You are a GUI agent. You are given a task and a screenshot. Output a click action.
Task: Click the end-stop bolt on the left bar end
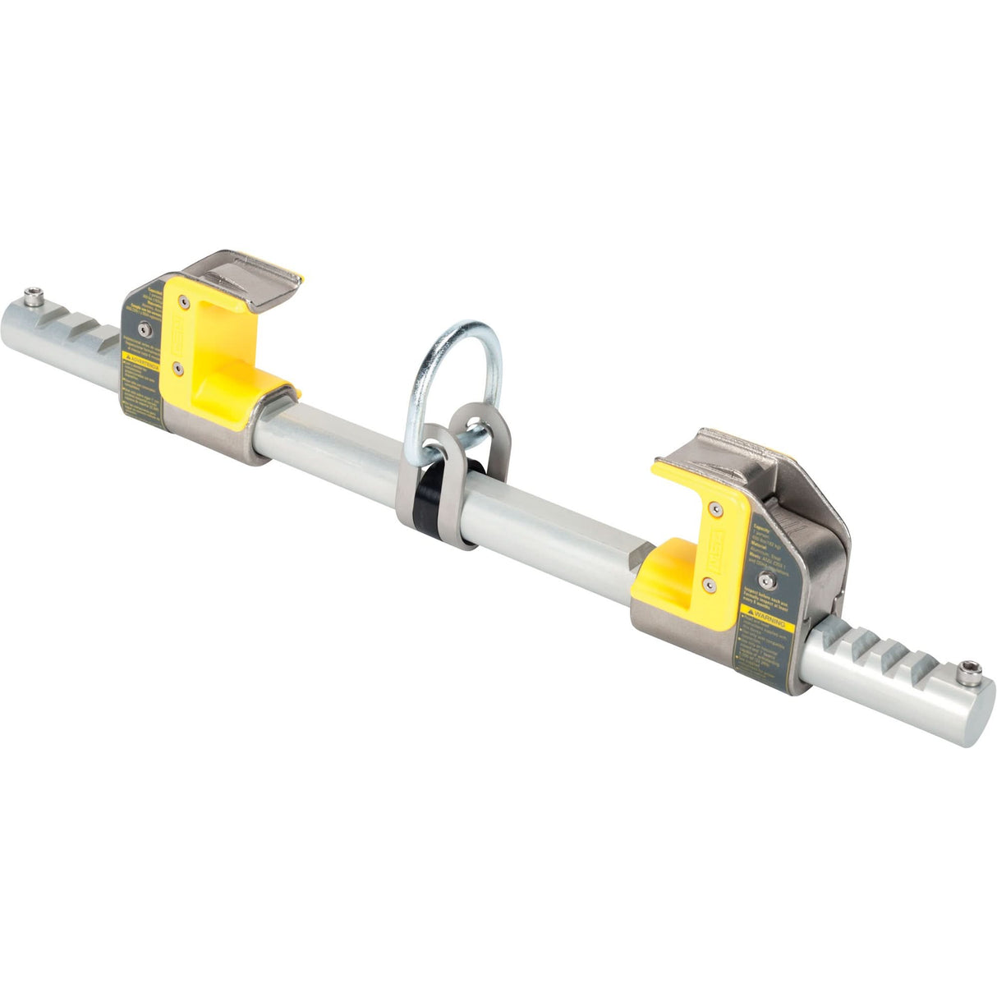click(33, 296)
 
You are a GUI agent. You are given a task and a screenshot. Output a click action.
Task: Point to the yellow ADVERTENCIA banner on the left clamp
click(141, 358)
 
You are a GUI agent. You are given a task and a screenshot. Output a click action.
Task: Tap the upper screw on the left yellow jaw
click(184, 303)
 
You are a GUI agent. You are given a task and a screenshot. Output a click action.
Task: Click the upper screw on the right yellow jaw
click(716, 509)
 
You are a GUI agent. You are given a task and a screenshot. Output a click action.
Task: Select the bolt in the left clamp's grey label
click(145, 329)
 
